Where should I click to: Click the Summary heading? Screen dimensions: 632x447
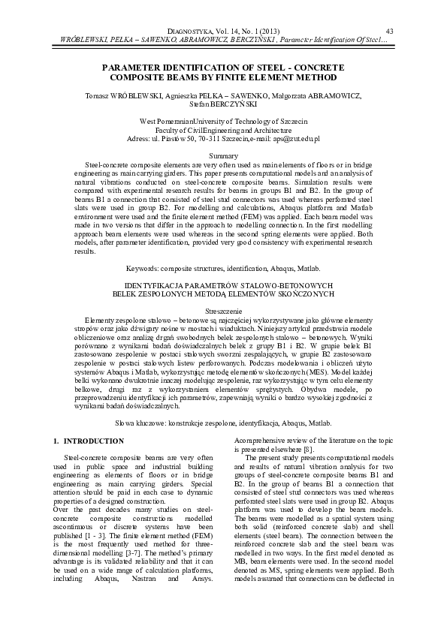tap(223, 155)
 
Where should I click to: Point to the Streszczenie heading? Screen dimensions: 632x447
tap(223, 310)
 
